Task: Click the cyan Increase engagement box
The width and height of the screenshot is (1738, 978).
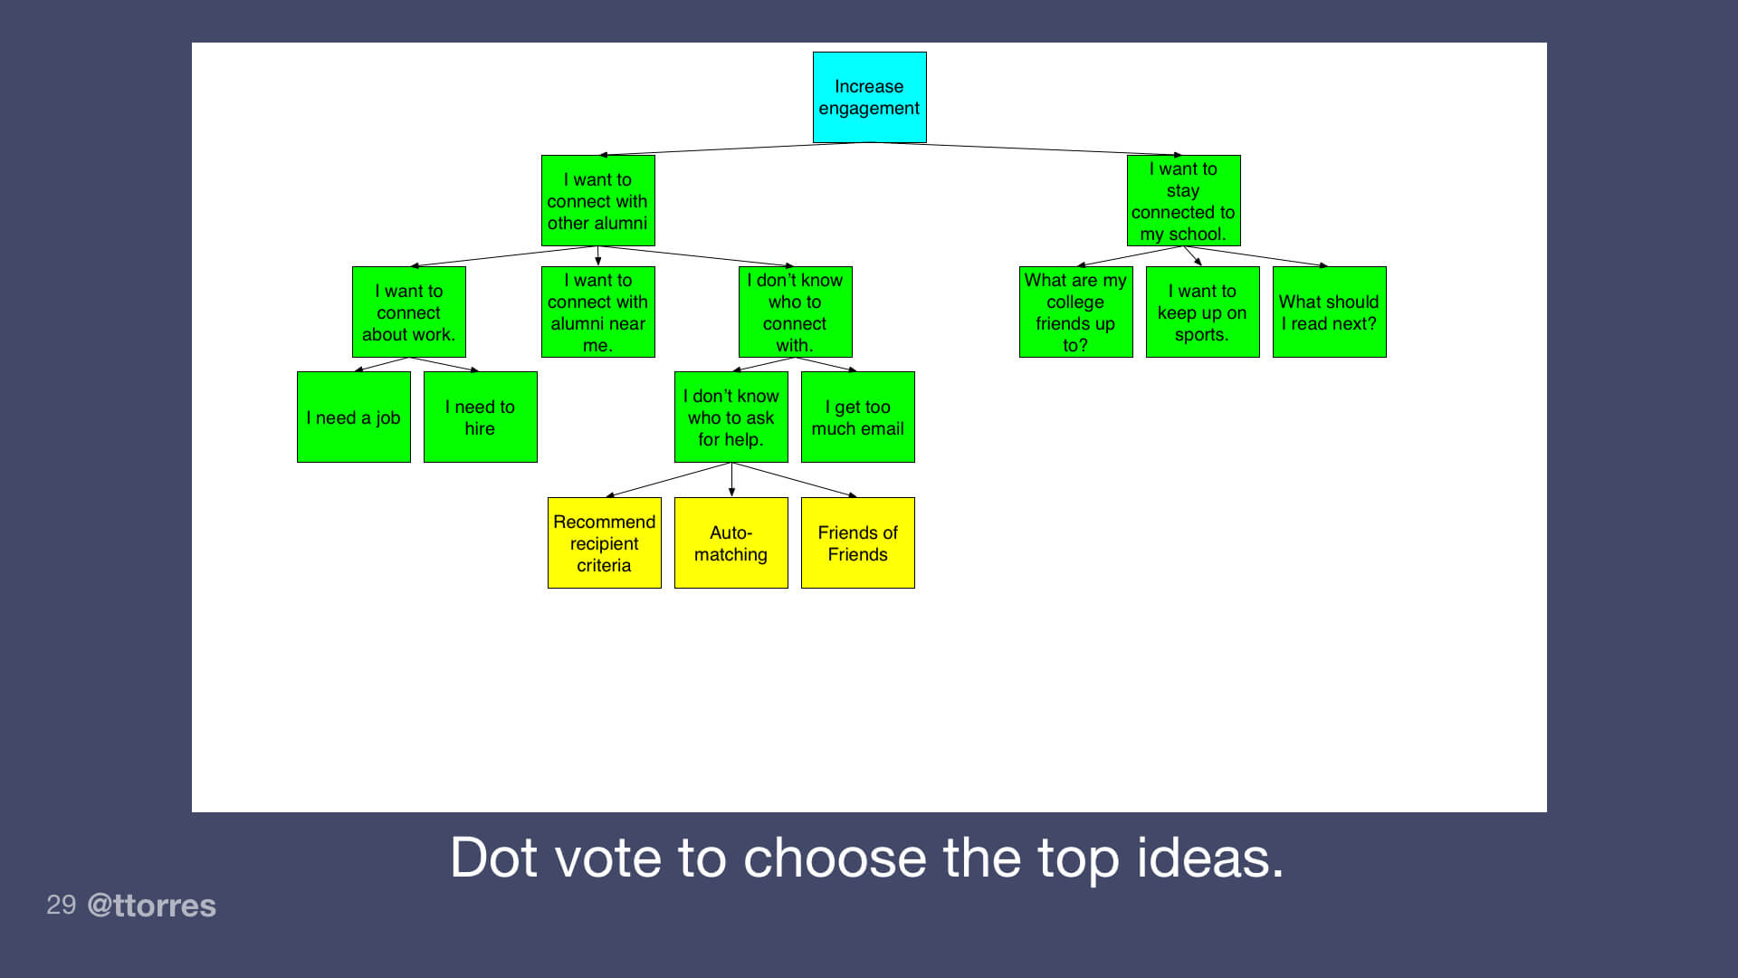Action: pos(869,97)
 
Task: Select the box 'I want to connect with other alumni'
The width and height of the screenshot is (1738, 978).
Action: pos(597,200)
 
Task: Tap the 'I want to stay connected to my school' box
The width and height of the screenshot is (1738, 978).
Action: pos(1183,200)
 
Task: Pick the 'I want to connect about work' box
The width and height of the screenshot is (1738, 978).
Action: pos(408,312)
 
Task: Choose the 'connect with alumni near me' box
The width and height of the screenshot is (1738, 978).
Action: pos(597,312)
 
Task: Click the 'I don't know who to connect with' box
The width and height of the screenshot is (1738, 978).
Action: pos(795,312)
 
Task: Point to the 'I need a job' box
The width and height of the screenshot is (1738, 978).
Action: pos(353,417)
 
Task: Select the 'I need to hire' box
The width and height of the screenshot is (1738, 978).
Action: pos(480,417)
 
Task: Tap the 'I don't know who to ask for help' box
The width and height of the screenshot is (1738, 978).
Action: pos(731,417)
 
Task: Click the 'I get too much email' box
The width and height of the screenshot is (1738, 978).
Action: pos(857,417)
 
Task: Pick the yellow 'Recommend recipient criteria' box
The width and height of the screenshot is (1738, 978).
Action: pos(604,542)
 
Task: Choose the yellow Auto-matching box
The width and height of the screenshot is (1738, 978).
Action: pos(731,542)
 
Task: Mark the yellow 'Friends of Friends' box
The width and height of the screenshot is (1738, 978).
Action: pos(857,542)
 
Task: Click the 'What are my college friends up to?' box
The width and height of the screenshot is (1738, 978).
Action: pos(1075,312)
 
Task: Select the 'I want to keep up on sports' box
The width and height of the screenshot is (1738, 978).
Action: pos(1202,312)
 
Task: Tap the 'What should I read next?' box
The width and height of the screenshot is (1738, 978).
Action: pos(1329,312)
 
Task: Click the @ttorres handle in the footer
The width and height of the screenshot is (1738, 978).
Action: pos(151,905)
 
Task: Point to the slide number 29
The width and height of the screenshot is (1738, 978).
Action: pos(61,904)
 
